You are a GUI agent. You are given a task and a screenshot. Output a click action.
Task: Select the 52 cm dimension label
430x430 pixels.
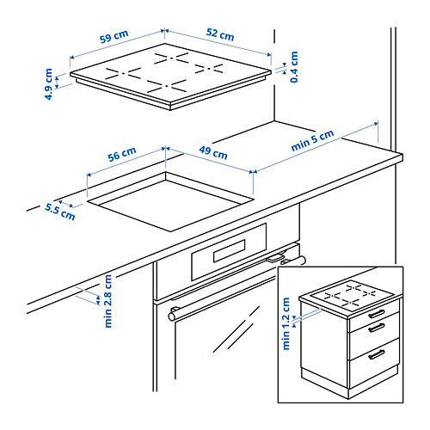coord(220,36)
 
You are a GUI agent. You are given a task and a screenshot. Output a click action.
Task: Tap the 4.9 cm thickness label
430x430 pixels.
coord(49,84)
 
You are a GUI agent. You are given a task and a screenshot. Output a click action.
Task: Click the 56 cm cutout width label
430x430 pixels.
coord(122,153)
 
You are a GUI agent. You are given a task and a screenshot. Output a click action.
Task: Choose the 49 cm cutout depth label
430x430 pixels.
coord(213,155)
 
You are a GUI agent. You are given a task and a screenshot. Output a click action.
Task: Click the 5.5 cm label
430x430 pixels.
coord(60,212)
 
